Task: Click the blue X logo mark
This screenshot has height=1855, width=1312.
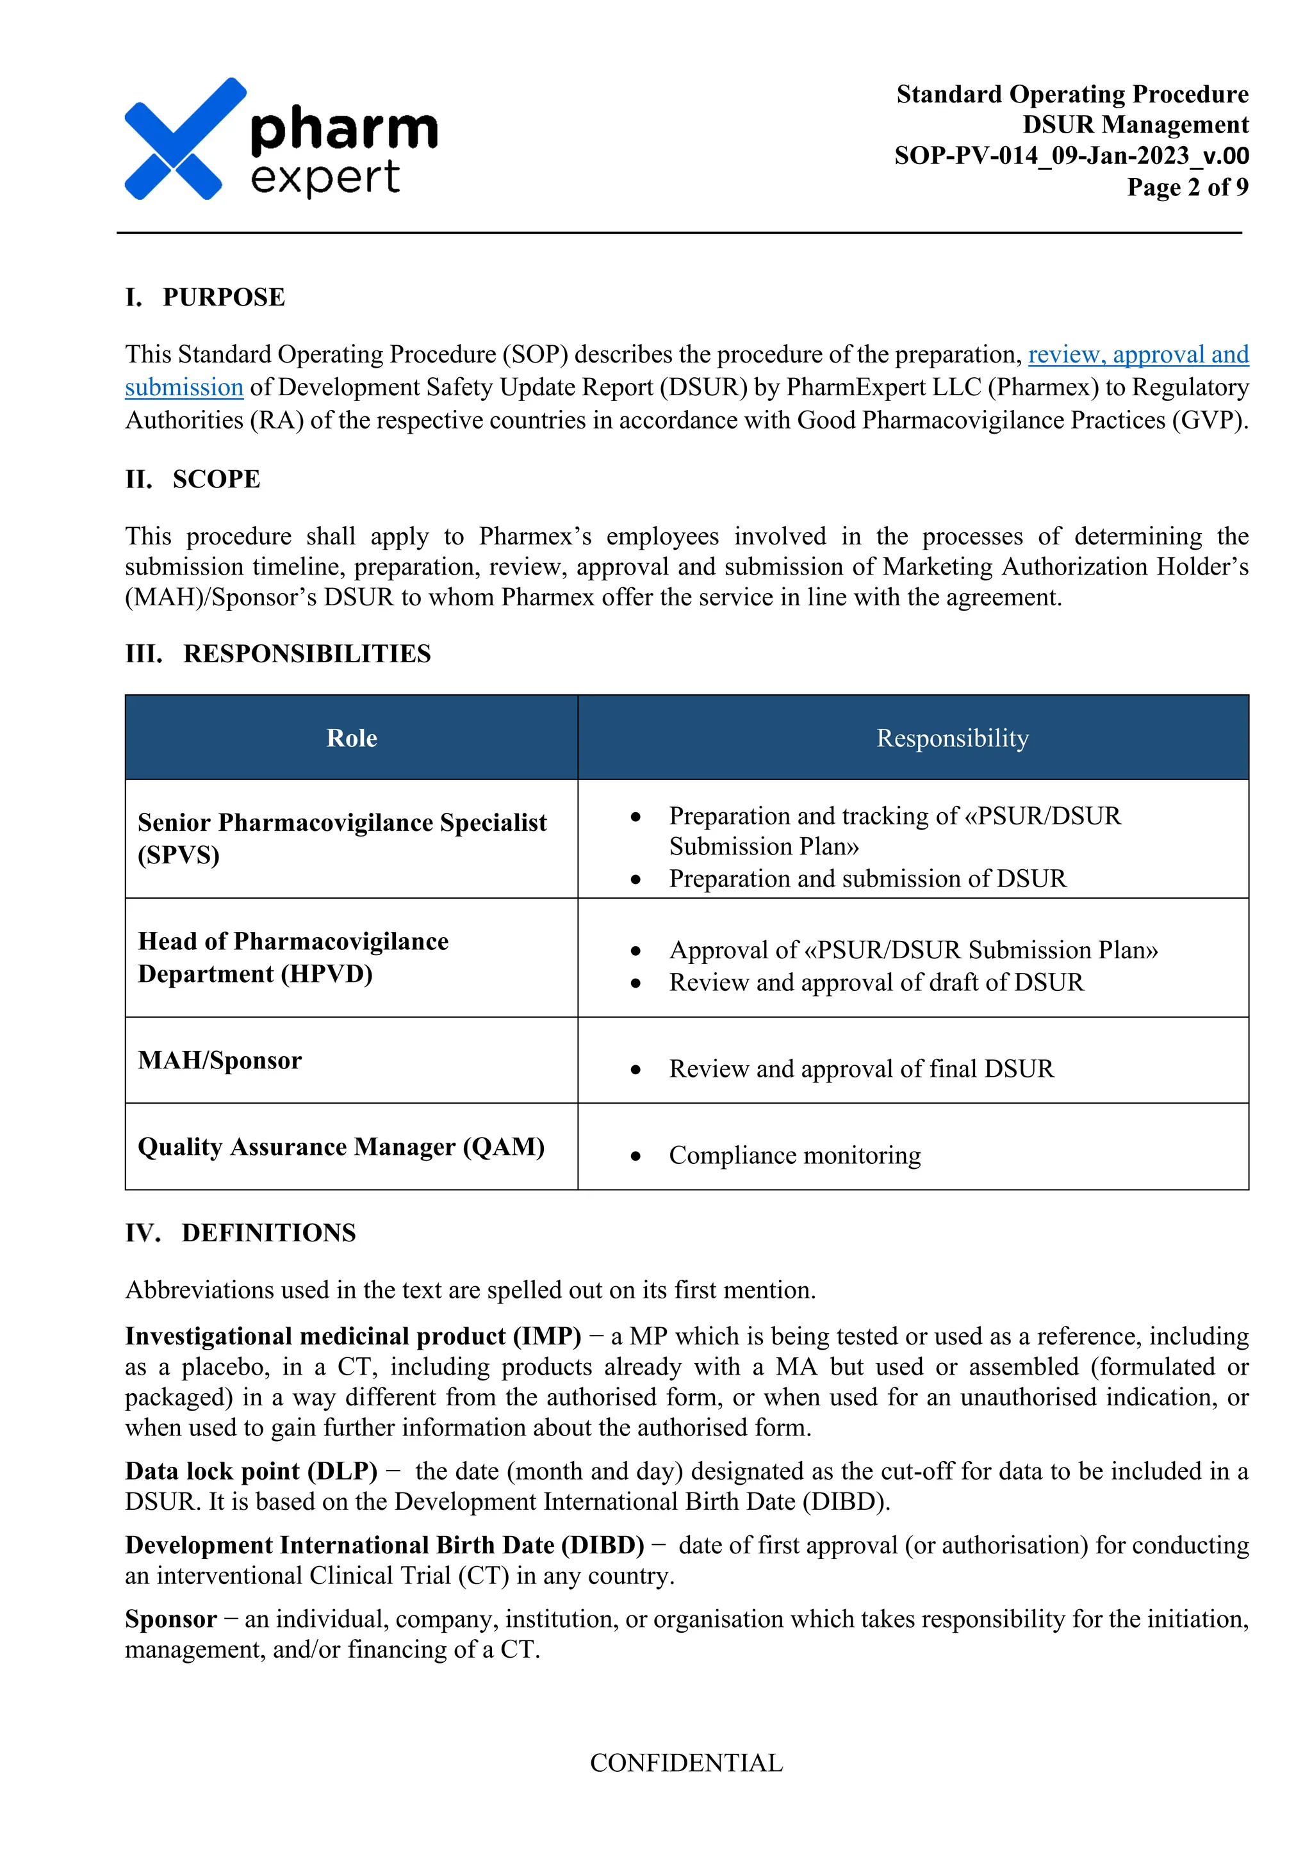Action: (184, 139)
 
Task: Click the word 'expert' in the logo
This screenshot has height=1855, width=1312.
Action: (325, 177)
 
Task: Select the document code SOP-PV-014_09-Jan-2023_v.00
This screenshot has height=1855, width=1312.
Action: (1070, 155)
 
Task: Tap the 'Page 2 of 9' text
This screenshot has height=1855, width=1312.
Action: (1187, 186)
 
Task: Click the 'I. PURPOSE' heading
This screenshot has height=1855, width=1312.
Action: (205, 297)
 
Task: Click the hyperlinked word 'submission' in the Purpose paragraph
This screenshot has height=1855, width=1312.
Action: (184, 388)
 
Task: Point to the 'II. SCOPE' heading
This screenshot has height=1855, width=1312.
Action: (193, 479)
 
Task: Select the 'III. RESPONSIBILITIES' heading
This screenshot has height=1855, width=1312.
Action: (278, 653)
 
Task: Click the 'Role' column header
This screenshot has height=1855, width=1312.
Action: (352, 738)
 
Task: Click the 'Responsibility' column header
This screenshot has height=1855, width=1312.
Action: (953, 738)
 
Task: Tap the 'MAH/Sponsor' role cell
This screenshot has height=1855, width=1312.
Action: (220, 1060)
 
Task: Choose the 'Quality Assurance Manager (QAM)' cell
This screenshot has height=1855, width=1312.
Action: (341, 1147)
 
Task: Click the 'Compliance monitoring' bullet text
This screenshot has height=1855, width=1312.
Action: (794, 1156)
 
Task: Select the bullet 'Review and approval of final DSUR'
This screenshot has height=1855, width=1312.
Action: (861, 1069)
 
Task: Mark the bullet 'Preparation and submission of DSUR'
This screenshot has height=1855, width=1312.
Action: (867, 878)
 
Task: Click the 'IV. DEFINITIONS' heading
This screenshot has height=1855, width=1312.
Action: (241, 1233)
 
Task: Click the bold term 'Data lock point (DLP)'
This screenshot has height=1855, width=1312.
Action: (251, 1471)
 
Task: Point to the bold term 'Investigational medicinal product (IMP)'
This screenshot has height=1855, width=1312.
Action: (353, 1336)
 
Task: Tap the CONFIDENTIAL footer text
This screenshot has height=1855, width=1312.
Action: (686, 1762)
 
